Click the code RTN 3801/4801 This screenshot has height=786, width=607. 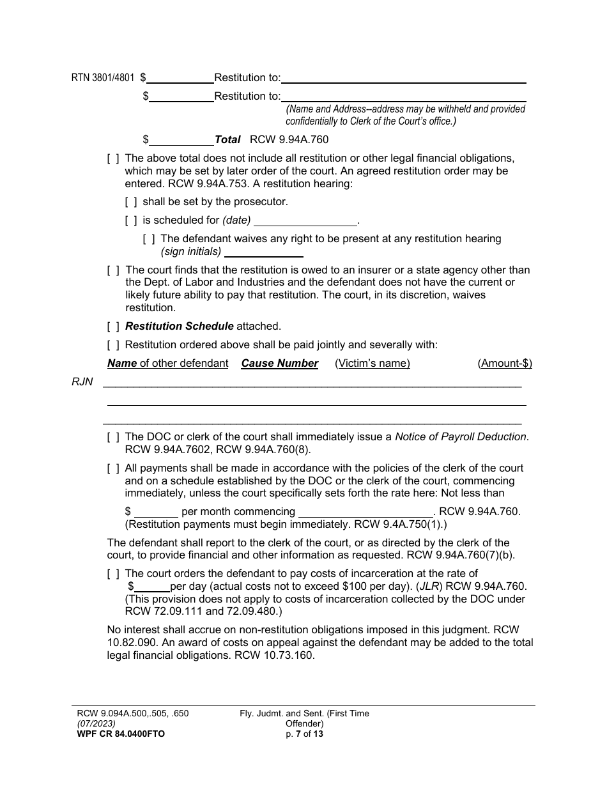pyautogui.click(x=103, y=78)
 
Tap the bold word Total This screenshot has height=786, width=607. pyautogui.click(x=227, y=139)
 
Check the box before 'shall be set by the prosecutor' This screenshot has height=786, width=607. pyautogui.click(x=131, y=202)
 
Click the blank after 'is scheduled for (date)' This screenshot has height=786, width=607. pyautogui.click(x=305, y=221)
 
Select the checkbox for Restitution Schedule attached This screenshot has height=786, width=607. pyautogui.click(x=113, y=327)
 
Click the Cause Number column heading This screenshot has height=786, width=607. pyautogui.click(x=279, y=364)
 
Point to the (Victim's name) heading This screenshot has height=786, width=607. pyautogui.click(x=373, y=364)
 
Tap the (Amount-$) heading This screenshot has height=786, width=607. pyautogui.click(x=505, y=364)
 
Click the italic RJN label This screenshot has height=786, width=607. pyautogui.click(x=82, y=382)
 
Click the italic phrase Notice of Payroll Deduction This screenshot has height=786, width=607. pyautogui.click(x=461, y=437)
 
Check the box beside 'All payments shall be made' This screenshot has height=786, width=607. pyautogui.click(x=113, y=468)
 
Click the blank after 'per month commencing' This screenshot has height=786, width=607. pyautogui.click(x=366, y=512)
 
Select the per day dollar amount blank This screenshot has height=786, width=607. pyautogui.click(x=152, y=587)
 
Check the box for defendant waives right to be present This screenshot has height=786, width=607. pyautogui.click(x=149, y=239)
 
